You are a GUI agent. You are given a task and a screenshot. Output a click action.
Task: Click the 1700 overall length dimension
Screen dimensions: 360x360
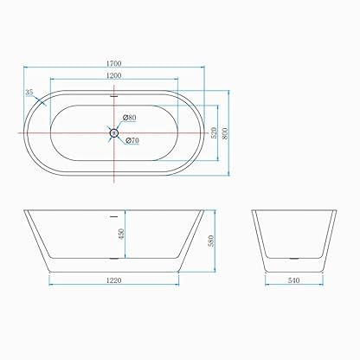[113, 63]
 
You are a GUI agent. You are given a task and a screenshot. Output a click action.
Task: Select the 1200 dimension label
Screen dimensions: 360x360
[113, 75]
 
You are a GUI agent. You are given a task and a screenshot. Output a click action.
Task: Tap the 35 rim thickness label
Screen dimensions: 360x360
[29, 93]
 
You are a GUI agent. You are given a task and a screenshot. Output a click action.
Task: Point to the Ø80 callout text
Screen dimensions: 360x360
[129, 118]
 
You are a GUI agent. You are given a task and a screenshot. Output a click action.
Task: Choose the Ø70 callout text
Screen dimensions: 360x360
[132, 140]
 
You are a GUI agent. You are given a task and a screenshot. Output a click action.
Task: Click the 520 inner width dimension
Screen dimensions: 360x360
[214, 132]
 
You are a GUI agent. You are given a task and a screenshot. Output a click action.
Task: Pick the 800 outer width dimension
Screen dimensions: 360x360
[225, 133]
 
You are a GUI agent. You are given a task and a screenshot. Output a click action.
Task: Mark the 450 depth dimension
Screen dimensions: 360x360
[121, 234]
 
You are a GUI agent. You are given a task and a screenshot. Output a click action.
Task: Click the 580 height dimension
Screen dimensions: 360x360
[211, 241]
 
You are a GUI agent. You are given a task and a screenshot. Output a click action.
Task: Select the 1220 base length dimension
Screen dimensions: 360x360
[114, 280]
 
